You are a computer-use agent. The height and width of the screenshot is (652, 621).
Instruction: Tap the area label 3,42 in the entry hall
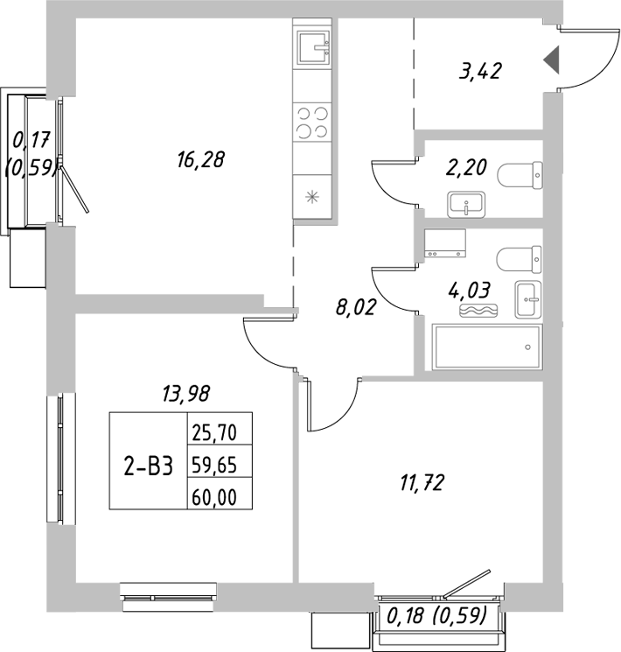pos(479,72)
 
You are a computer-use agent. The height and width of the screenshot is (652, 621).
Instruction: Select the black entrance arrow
pos(552,60)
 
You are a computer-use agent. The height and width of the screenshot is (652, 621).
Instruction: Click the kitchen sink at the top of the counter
pos(312,47)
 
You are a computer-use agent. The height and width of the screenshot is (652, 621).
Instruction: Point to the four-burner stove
pos(312,122)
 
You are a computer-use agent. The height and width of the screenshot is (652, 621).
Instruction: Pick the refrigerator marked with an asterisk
pos(312,196)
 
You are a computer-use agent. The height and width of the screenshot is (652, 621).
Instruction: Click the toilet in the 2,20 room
pos(519,176)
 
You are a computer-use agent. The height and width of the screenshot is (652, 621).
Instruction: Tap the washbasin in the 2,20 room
pos(468,204)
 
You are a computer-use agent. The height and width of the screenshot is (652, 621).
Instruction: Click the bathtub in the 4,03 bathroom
pos(487,347)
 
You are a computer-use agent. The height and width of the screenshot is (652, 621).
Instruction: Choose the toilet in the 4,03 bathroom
pos(518,260)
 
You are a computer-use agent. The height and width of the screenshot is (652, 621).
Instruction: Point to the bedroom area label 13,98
pos(186,395)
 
